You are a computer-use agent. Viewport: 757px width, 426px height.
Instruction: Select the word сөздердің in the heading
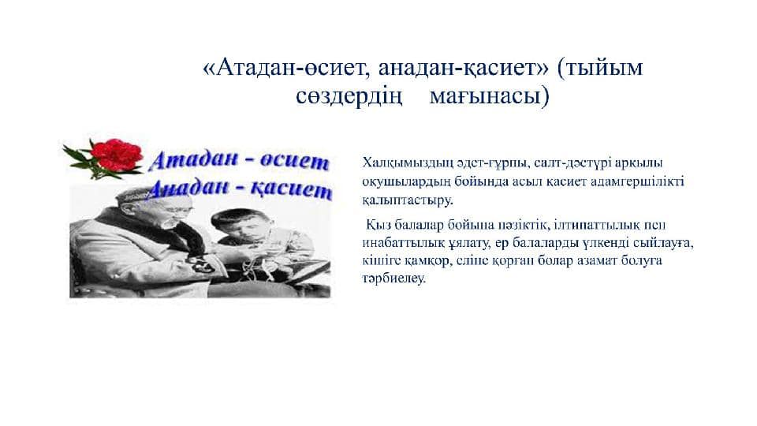349,96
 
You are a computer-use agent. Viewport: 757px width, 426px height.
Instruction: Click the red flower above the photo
117,155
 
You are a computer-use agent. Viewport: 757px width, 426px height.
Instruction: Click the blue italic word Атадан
193,160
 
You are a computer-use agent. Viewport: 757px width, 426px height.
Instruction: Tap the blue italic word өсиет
294,161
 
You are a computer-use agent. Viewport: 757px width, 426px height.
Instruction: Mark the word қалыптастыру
407,200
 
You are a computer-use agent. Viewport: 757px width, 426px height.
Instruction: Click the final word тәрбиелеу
394,279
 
